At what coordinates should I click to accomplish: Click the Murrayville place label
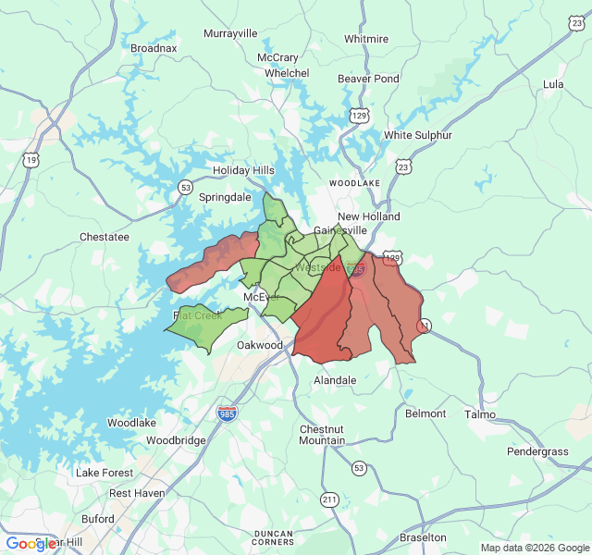point(230,33)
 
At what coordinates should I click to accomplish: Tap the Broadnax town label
point(154,47)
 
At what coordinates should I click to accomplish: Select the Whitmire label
point(366,39)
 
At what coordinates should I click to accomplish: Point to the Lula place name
point(553,84)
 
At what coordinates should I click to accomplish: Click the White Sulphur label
point(418,135)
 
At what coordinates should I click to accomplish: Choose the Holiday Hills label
point(244,170)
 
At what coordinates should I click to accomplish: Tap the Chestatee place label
point(105,237)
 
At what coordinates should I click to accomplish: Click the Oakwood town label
point(260,345)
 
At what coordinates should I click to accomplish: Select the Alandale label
point(335,380)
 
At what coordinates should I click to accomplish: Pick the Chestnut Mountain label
point(322,435)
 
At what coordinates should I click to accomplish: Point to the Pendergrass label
point(537,451)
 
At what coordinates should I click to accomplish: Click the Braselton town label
point(423,537)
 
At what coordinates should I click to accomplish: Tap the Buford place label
point(98,519)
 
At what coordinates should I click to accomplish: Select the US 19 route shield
point(32,160)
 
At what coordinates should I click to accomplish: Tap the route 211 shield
point(329,500)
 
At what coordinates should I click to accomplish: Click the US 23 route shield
point(402,166)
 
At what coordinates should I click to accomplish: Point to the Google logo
point(31,544)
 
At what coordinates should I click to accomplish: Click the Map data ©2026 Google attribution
point(535,548)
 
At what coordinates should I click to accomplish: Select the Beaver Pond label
point(368,79)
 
